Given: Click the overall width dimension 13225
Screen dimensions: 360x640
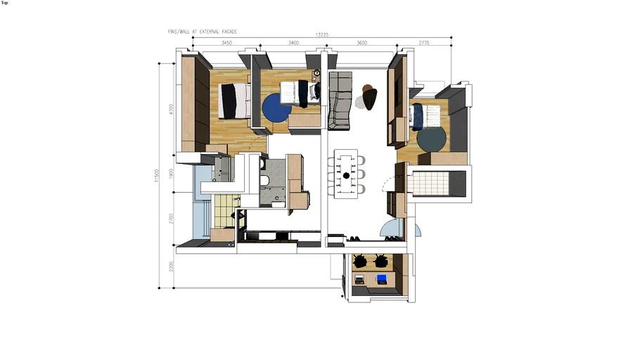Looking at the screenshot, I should (322, 34).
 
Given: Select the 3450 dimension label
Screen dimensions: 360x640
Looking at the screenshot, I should (226, 43).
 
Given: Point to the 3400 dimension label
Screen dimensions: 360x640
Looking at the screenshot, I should (294, 43).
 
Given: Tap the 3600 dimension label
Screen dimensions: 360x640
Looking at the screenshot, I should (362, 43).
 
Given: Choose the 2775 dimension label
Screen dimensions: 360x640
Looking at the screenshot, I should (423, 43).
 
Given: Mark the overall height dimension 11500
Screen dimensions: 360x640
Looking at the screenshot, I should (157, 176).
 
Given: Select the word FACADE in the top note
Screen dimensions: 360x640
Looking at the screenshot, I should (226, 32).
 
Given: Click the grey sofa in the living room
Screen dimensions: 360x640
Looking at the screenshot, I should (340, 100).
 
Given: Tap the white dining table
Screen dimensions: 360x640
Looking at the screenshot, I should (346, 174).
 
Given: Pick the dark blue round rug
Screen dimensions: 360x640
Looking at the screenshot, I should (276, 108).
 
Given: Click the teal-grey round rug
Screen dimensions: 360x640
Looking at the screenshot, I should (431, 138).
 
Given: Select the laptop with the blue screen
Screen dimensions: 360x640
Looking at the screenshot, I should (381, 279).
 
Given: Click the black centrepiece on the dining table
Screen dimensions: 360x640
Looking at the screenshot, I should (346, 174).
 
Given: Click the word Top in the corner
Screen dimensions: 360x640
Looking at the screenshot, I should (5, 3).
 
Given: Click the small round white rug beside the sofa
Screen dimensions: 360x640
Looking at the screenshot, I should (360, 103).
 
